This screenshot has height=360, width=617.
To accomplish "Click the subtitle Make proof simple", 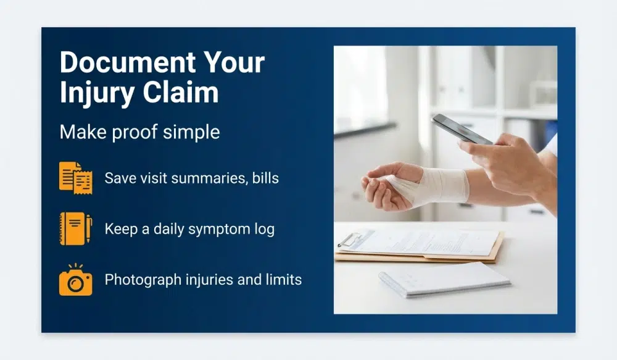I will [x=139, y=132].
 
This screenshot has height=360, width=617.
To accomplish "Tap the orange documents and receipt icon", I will [x=75, y=178].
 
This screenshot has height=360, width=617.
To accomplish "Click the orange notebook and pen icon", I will [x=75, y=228].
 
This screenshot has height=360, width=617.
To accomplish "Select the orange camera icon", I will [x=75, y=280].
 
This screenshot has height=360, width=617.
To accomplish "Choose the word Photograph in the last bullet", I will [x=143, y=280].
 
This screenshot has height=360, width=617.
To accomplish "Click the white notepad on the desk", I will [x=444, y=278].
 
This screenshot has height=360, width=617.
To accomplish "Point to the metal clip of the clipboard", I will [x=348, y=239].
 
